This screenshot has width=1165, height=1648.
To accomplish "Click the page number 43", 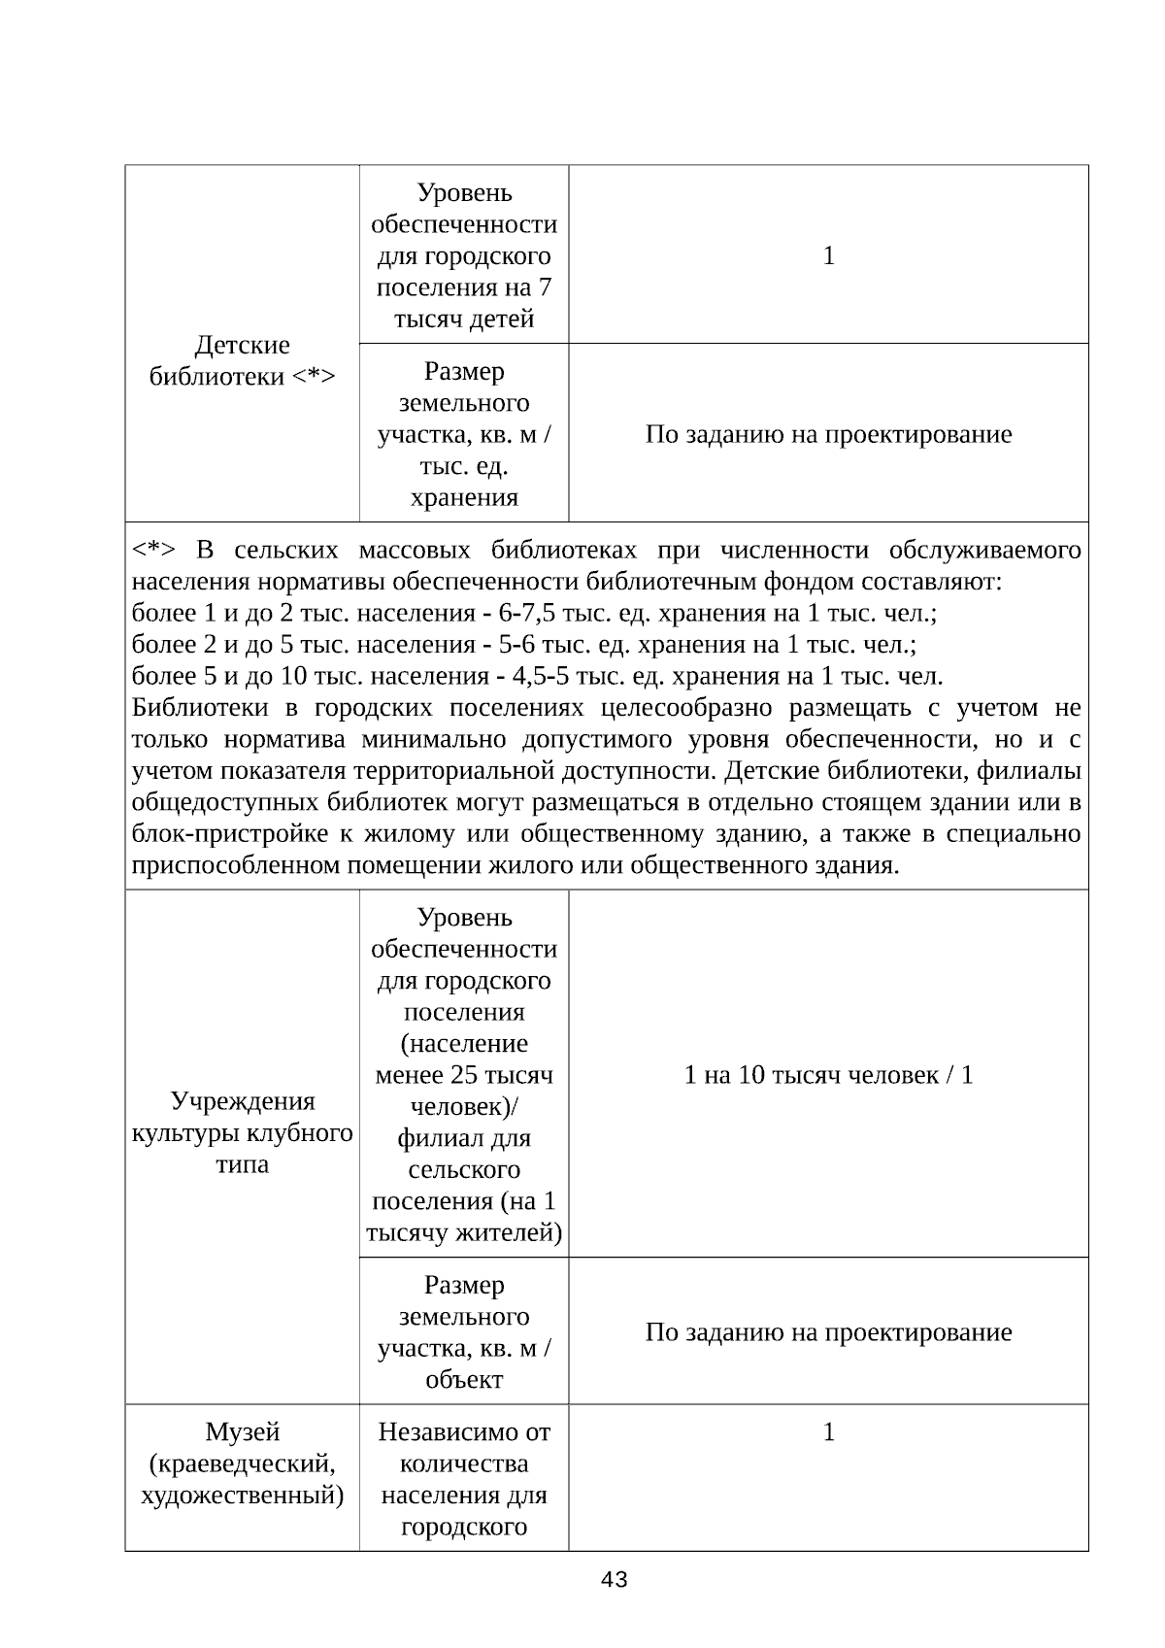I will click(x=615, y=1580).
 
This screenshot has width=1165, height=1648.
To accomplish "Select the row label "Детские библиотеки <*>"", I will click(x=242, y=360).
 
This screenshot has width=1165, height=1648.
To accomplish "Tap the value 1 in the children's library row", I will click(x=828, y=255).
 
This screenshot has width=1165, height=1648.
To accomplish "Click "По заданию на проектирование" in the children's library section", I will click(x=828, y=434).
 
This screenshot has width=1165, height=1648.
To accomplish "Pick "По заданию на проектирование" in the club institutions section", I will click(x=828, y=1331).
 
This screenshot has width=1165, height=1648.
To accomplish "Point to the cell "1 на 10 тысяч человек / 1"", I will click(x=828, y=1074).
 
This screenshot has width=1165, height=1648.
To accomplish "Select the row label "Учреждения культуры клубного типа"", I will click(x=242, y=1132).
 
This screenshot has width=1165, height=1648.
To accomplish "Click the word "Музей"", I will click(x=242, y=1431).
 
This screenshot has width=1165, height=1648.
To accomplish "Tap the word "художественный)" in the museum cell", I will click(x=242, y=1495).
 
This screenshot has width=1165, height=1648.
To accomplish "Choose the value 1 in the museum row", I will click(x=828, y=1431).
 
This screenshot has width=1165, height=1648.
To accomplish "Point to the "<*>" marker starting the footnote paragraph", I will click(x=153, y=551).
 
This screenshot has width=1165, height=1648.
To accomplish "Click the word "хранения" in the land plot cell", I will click(x=464, y=498).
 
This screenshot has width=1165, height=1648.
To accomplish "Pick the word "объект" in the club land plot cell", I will click(x=464, y=1379).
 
